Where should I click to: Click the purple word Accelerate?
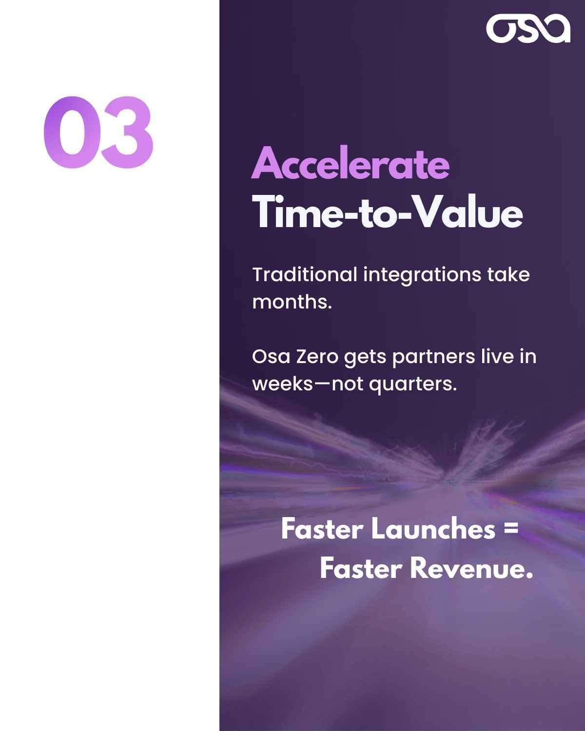350,164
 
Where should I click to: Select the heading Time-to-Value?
388,212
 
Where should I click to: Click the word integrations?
422,275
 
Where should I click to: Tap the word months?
292,302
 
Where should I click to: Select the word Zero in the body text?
317,356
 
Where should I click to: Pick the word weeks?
282,384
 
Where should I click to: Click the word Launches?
433,529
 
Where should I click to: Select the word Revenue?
470,568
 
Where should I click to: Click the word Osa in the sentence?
271,356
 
